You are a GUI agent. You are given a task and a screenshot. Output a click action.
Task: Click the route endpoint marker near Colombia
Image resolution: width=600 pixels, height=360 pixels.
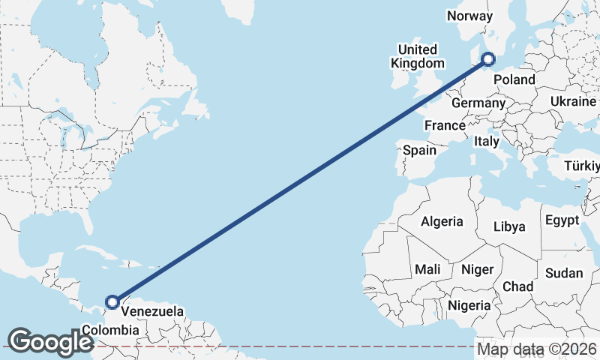coord(112,302)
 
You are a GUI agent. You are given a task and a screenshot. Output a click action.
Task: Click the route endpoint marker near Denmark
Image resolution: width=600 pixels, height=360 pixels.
coord(488,58)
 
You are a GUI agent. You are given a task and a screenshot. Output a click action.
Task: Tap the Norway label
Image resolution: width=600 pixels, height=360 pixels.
coord(469,16)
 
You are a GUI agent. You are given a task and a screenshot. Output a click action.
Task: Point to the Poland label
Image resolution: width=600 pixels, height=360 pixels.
coord(514,79)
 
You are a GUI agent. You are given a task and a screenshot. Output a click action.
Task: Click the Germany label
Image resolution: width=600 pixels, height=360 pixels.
coord(479,103)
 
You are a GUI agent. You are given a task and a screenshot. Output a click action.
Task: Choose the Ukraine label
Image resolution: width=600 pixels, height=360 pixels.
coord(573,101)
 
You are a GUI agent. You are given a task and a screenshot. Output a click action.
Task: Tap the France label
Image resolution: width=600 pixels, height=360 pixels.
coord(445,124)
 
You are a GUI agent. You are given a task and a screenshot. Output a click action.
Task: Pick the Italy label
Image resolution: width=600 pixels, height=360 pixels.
coord(487,141)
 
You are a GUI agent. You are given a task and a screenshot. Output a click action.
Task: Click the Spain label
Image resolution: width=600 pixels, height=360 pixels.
coord(419,150)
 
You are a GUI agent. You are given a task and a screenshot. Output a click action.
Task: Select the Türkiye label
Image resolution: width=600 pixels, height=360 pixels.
coord(583,165)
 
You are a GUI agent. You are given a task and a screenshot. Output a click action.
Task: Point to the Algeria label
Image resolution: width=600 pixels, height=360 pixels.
coord(442,221)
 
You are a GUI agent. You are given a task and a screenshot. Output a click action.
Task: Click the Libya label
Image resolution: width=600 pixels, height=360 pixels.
coord(509,226)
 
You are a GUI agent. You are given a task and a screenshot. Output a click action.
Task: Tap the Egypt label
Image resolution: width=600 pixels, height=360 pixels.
coord(562,220)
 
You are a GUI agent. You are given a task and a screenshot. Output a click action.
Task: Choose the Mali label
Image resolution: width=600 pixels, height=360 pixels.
coord(427,269)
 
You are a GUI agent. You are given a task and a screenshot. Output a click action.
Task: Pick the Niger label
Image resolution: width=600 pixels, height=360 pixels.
coord(477,269)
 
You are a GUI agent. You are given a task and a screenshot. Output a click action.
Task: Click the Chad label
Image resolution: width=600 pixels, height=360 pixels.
coord(517,286)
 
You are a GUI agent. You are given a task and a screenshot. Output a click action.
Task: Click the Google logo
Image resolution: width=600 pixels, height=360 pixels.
coord(50,341)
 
